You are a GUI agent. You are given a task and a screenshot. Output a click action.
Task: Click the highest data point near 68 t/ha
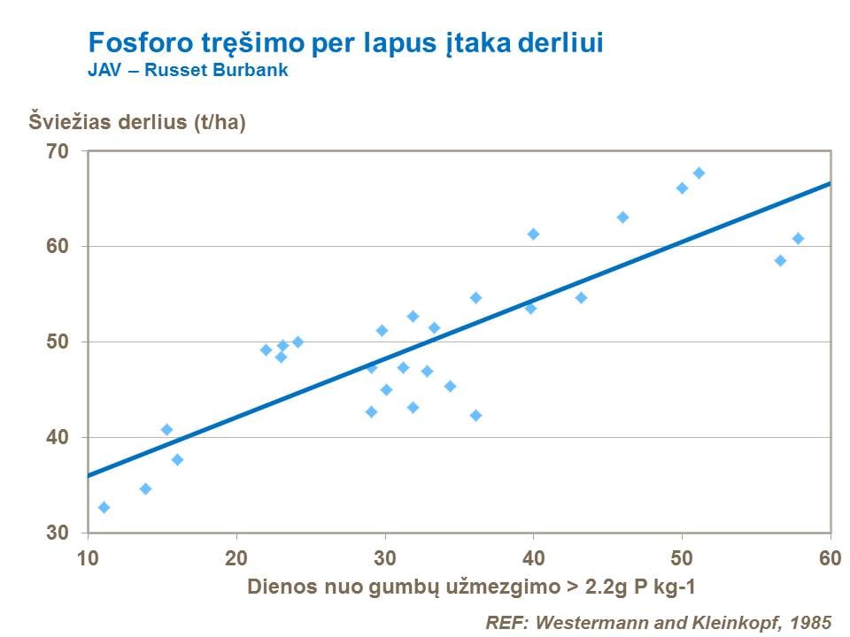[x=699, y=173]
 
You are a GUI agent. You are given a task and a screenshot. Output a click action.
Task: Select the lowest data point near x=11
[x=104, y=507]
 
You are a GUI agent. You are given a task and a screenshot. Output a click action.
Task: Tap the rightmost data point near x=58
[x=798, y=238]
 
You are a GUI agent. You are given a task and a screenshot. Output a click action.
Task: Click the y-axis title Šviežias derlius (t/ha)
[x=137, y=122]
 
